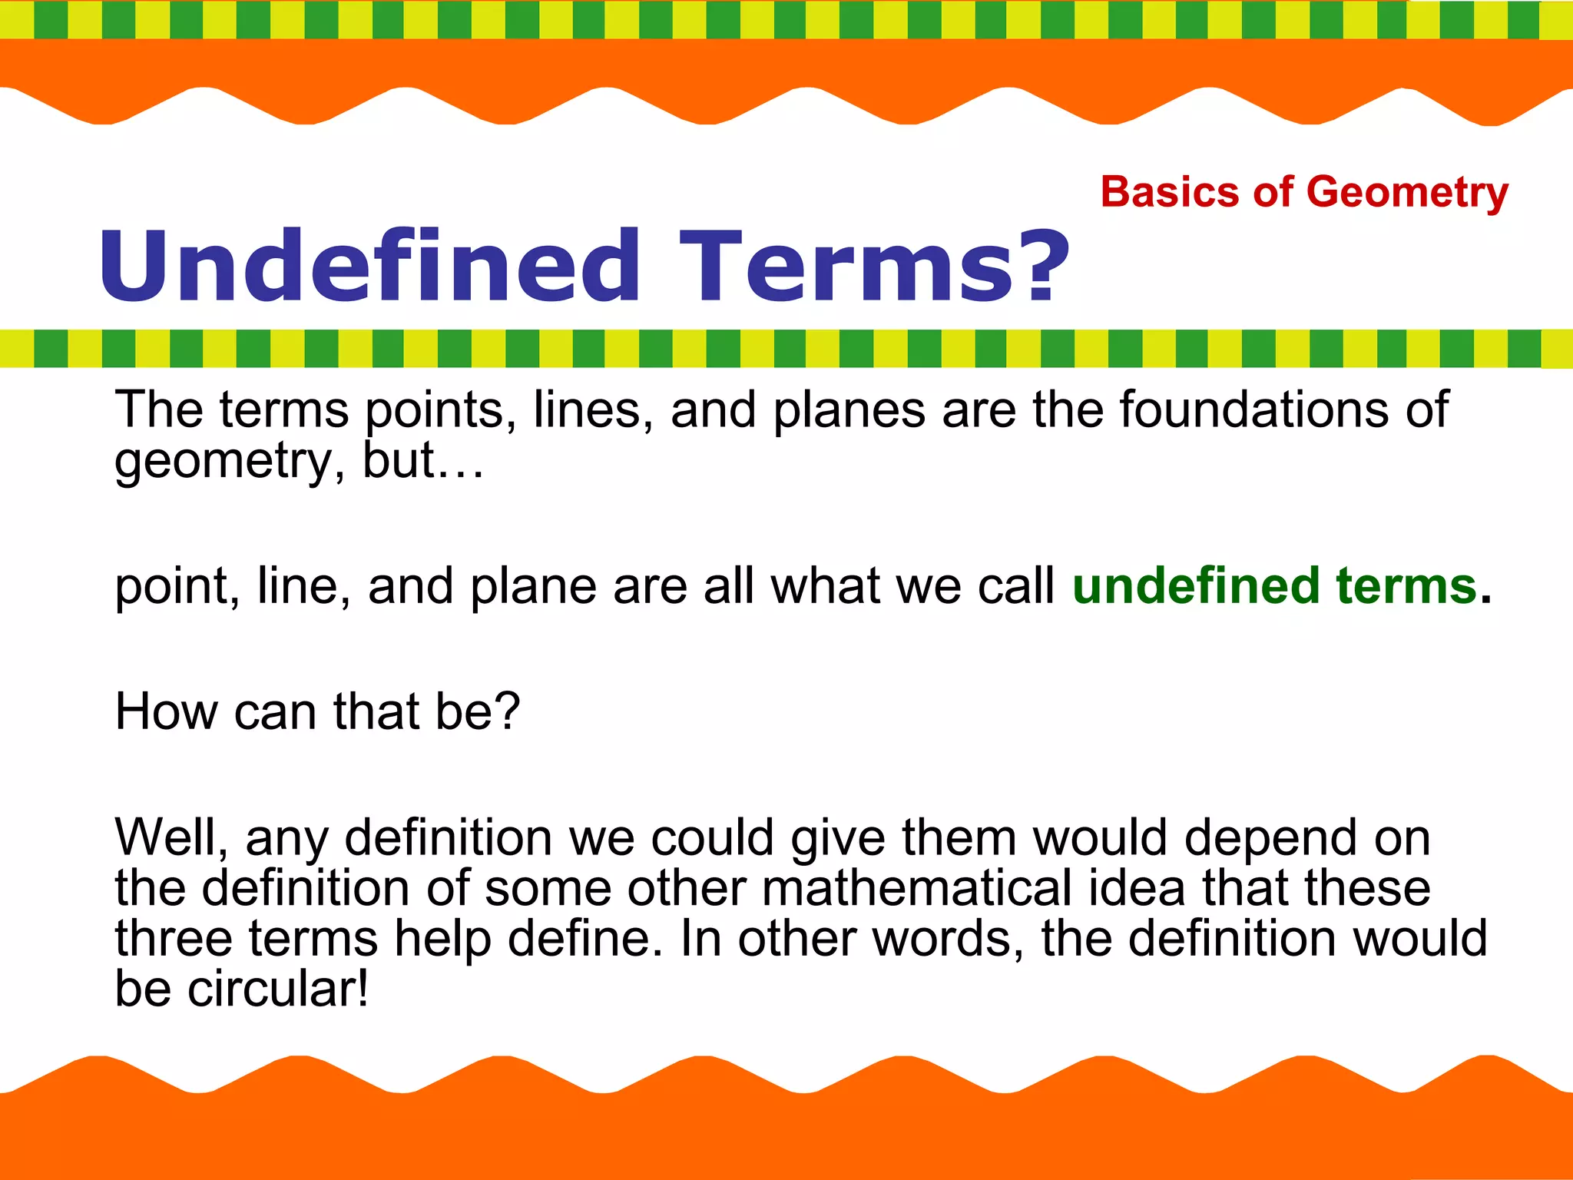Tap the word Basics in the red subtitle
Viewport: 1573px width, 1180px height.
1169,192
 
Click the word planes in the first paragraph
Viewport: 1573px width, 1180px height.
849,410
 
